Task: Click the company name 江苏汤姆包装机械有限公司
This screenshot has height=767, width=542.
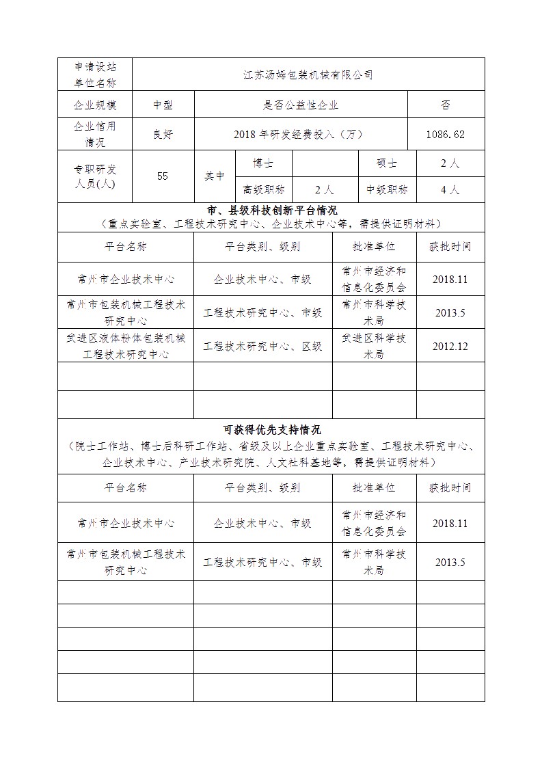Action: pyautogui.click(x=308, y=75)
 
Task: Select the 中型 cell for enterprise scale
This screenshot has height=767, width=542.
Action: pyautogui.click(x=162, y=105)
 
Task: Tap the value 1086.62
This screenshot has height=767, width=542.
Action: pyautogui.click(x=446, y=134)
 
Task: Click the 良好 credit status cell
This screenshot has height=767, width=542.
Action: pyautogui.click(x=162, y=134)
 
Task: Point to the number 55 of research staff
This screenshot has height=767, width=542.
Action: pyautogui.click(x=162, y=176)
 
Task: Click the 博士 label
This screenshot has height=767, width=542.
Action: pyautogui.click(x=263, y=163)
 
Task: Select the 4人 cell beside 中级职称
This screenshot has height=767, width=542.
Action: pyautogui.click(x=450, y=189)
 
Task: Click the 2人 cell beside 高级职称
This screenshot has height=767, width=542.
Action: pyautogui.click(x=324, y=189)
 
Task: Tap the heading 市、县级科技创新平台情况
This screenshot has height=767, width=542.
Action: pyautogui.click(x=271, y=210)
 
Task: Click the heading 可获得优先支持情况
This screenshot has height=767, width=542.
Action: pyautogui.click(x=271, y=430)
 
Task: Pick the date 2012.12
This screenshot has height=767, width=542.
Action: pyautogui.click(x=450, y=346)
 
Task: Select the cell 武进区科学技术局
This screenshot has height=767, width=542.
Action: pyautogui.click(x=374, y=346)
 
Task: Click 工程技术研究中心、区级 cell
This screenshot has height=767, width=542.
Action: pyautogui.click(x=262, y=346)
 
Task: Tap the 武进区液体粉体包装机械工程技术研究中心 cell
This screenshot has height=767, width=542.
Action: pyautogui.click(x=126, y=346)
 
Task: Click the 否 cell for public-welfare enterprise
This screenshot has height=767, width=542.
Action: pyautogui.click(x=446, y=105)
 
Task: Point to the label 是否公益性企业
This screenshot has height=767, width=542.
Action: pyautogui.click(x=301, y=105)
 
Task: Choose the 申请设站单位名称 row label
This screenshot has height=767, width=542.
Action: pyautogui.click(x=94, y=75)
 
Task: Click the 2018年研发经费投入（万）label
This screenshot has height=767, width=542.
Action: pyautogui.click(x=301, y=134)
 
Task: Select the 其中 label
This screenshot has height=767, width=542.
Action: pyautogui.click(x=214, y=176)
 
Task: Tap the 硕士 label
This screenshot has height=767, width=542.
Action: pyautogui.click(x=387, y=163)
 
